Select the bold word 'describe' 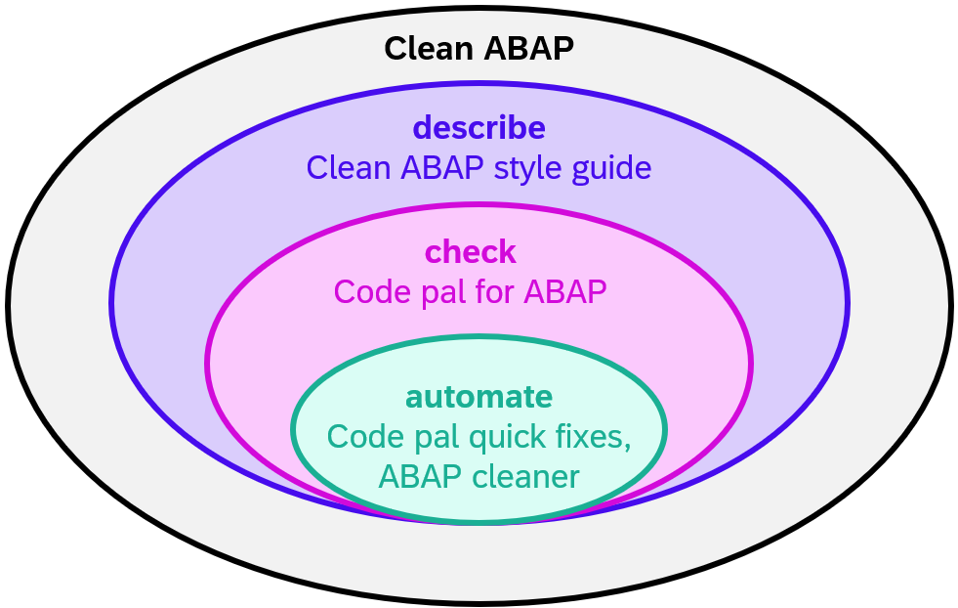(479, 128)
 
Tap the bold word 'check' (470, 252)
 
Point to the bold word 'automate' (479, 397)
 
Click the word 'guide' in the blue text (611, 168)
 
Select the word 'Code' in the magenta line (370, 291)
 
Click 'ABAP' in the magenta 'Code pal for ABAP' (566, 291)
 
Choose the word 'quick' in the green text (511, 437)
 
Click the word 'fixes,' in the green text (594, 437)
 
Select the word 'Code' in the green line (362, 437)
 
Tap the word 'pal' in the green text (431, 437)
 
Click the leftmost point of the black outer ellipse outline (9, 305)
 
